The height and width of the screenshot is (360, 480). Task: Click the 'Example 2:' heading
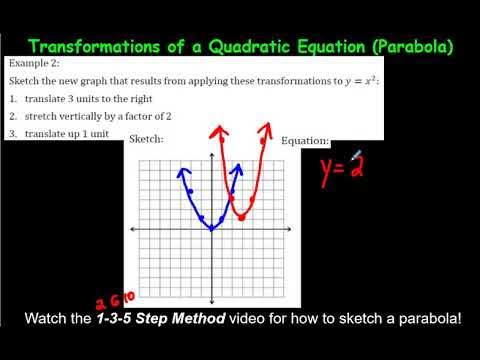[35, 63]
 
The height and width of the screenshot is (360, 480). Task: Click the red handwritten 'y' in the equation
[328, 171]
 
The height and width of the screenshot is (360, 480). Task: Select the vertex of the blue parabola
[212, 229]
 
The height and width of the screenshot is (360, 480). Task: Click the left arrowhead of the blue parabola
[183, 171]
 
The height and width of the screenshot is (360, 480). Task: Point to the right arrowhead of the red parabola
[266, 126]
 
